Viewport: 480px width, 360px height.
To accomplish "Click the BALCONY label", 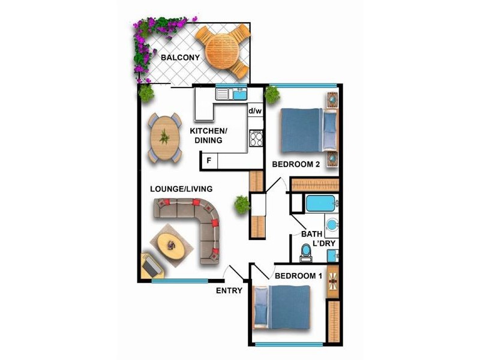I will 180,58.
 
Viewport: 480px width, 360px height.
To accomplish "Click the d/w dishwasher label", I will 255,111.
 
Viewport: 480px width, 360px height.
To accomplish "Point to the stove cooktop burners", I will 256,139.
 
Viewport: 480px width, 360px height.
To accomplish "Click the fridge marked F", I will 209,160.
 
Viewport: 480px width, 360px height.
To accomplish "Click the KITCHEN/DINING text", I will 208,136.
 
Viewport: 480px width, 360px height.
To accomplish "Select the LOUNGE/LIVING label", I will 181,188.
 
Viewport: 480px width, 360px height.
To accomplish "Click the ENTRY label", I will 229,290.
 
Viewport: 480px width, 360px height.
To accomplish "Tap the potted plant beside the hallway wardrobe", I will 242,204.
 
